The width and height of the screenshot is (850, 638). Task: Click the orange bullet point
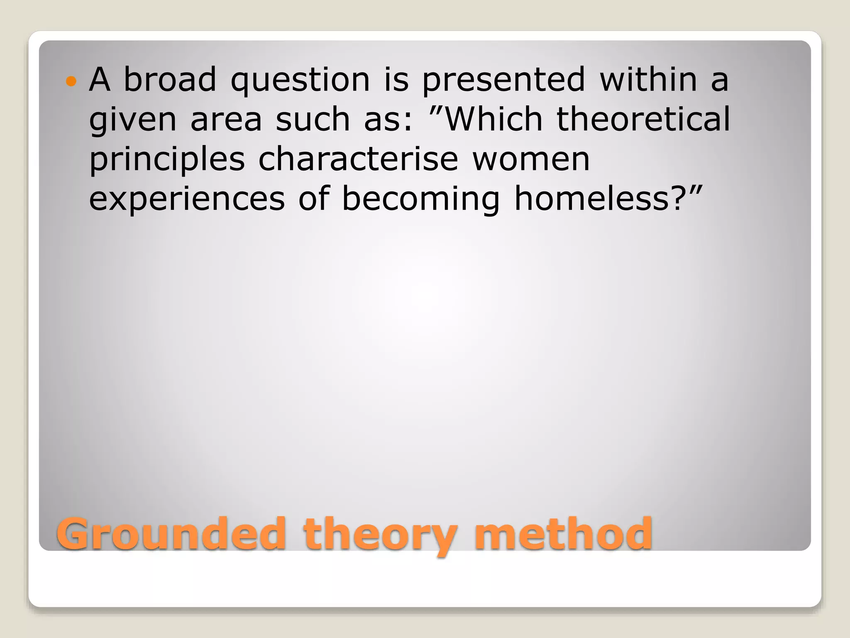71,81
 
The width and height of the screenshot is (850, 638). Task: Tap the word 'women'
531,160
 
